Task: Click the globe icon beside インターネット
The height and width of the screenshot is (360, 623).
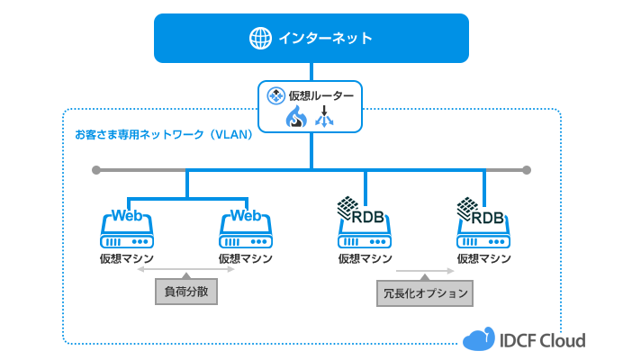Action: click(x=260, y=38)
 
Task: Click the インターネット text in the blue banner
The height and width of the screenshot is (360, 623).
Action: click(x=325, y=38)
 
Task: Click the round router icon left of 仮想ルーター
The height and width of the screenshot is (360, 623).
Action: click(x=275, y=94)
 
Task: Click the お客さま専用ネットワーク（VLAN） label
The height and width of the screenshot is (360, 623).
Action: click(x=163, y=135)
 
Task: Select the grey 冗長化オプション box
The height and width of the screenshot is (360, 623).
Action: click(x=425, y=293)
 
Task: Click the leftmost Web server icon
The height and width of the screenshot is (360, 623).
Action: click(x=127, y=229)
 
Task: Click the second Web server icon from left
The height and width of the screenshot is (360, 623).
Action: click(x=246, y=229)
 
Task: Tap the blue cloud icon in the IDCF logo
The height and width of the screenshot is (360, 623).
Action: click(x=479, y=338)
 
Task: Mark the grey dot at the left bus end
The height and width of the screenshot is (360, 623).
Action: click(x=95, y=169)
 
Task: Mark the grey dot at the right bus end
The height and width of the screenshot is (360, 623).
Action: click(x=527, y=169)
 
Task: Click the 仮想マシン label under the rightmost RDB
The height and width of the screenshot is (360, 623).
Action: click(x=483, y=258)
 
